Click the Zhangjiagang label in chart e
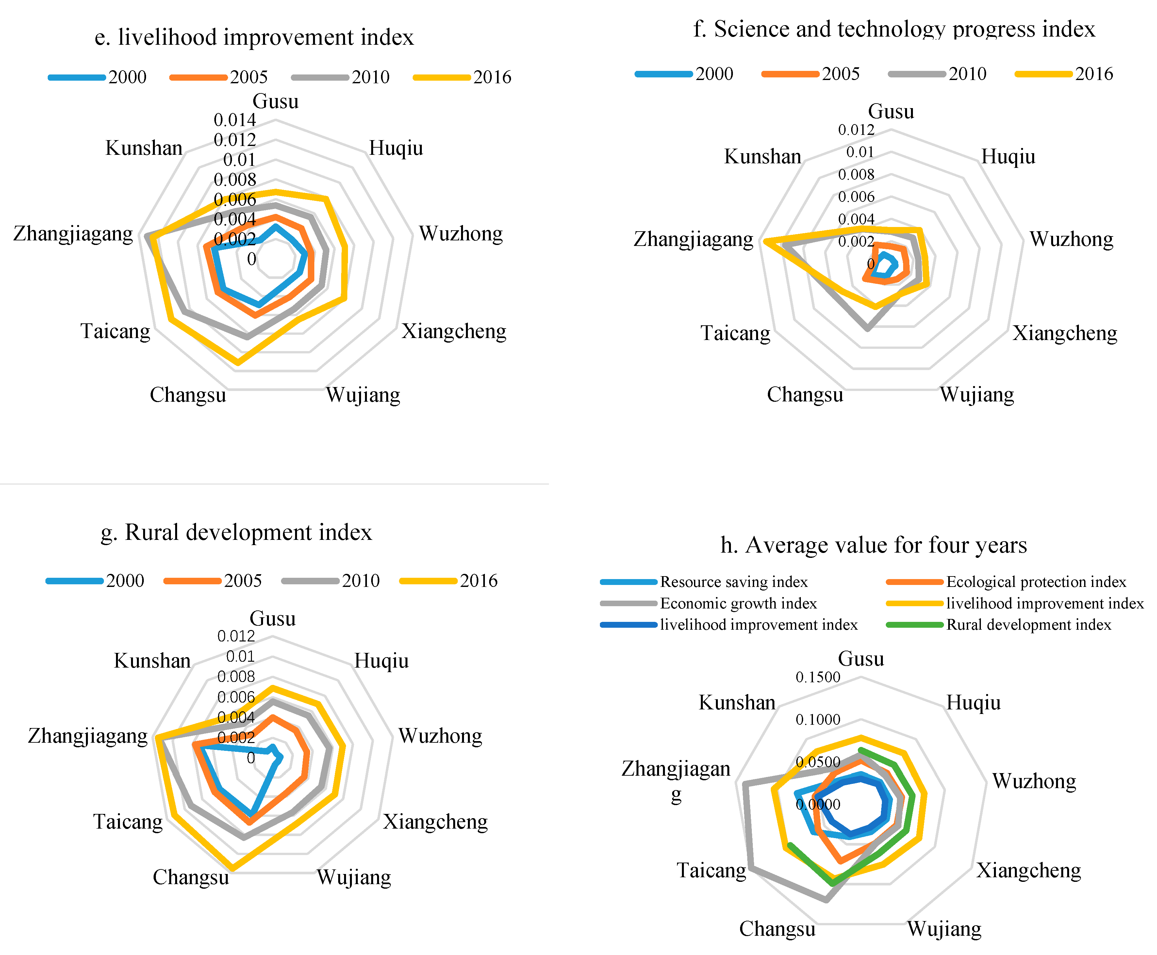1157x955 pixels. pyautogui.click(x=73, y=234)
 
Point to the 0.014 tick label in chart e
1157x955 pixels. pyautogui.click(x=235, y=120)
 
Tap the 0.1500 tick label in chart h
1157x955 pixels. pyautogui.click(x=818, y=677)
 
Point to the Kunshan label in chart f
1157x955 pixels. pyautogui.click(x=762, y=157)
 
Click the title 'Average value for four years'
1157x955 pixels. pyautogui.click(x=873, y=545)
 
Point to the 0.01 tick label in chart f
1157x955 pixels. pyautogui.click(x=860, y=153)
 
